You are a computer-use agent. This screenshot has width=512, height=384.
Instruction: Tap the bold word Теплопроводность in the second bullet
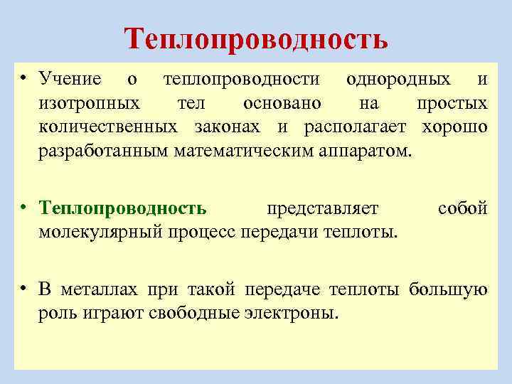124,208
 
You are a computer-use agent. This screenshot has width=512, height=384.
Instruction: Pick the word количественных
109,127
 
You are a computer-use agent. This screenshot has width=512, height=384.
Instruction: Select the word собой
462,208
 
